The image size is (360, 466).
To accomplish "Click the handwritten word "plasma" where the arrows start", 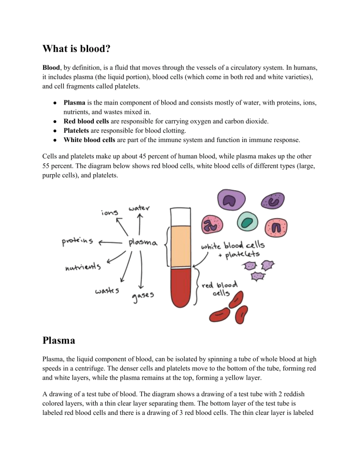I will pos(143,242).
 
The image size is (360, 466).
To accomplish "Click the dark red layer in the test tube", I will pos(182,291).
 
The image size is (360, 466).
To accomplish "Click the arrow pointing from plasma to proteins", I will pos(109,242).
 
